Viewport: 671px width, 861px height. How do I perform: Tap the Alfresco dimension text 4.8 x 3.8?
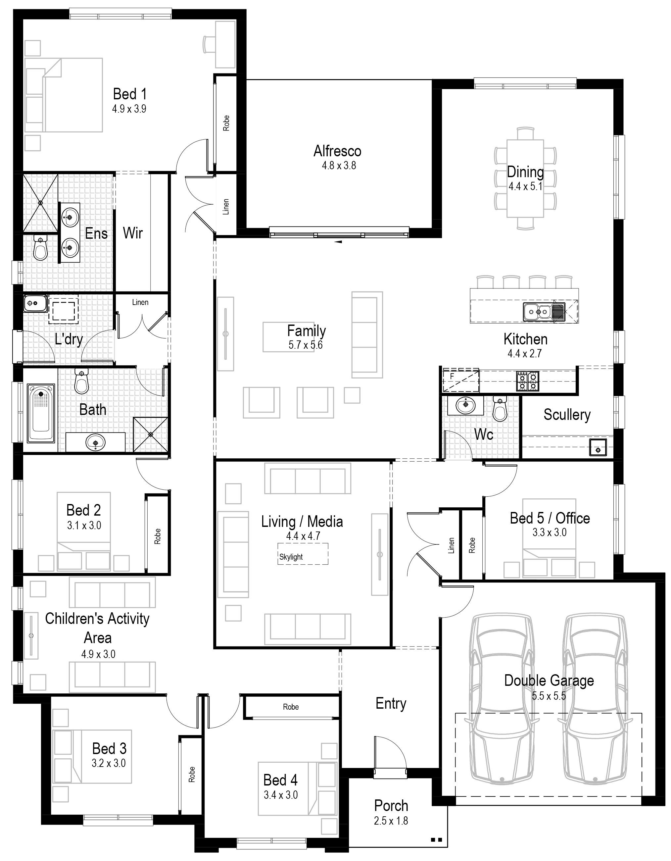tap(339, 165)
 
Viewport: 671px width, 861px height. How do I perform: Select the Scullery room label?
tap(567, 414)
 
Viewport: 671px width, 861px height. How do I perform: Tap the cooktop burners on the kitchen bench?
tap(528, 381)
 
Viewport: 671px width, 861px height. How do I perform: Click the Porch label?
tap(391, 805)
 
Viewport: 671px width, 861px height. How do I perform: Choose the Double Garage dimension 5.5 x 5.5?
tap(549, 696)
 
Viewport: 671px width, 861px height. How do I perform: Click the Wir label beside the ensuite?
tap(132, 233)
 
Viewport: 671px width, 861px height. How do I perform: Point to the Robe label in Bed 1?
tap(226, 123)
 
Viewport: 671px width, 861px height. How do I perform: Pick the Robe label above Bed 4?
tap(291, 707)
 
